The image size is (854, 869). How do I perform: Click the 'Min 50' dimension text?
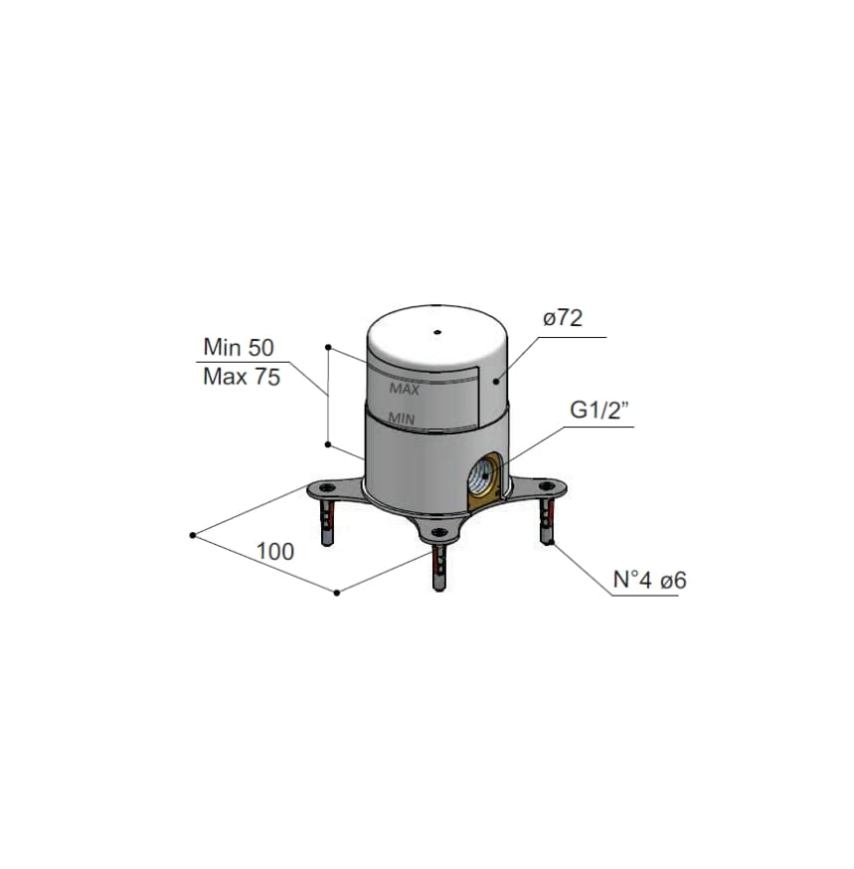click(x=239, y=347)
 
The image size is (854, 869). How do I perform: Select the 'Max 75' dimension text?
click(x=242, y=377)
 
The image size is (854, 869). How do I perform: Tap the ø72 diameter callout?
click(x=563, y=318)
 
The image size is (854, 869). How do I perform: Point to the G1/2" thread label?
click(x=599, y=411)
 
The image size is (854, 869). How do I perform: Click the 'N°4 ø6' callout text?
click(x=649, y=581)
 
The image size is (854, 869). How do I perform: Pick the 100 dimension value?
click(x=274, y=552)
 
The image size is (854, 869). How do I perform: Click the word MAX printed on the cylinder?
click(x=405, y=389)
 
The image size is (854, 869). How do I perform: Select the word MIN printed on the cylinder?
click(x=402, y=419)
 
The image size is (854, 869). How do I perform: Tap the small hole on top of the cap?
click(x=437, y=332)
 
